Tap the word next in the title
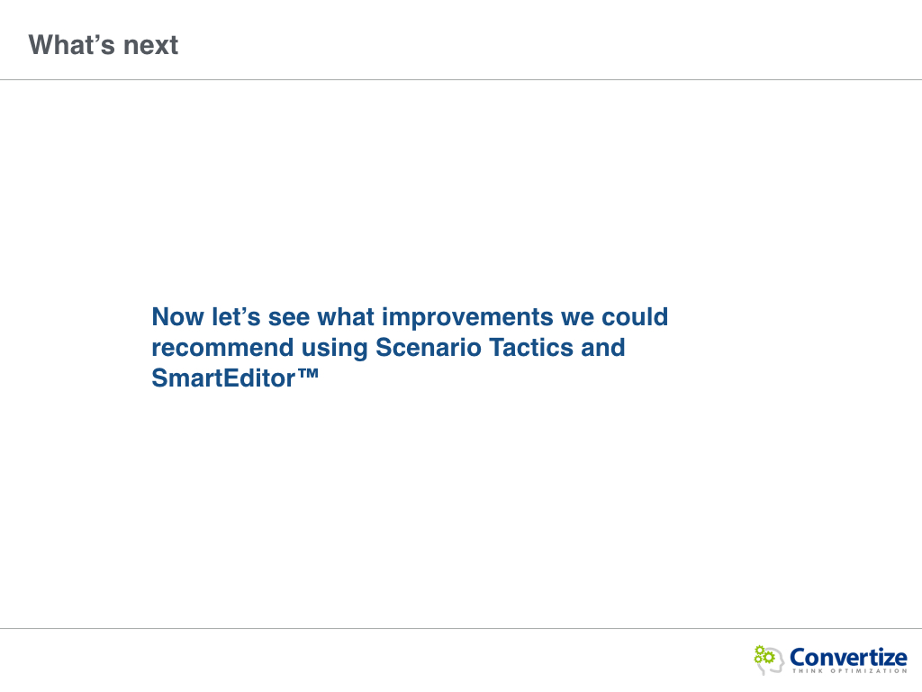pos(150,46)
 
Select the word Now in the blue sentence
pos(177,316)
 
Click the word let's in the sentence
pos(236,316)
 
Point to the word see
pos(289,318)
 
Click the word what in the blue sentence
pos(346,316)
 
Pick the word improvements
pos(467,318)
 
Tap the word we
pos(577,318)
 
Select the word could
pos(635,316)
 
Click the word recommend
pos(223,347)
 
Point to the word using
pos(335,349)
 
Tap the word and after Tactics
pos(602,347)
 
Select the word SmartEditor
pos(223,378)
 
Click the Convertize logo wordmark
pos(848,657)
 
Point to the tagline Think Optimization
pos(849,670)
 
